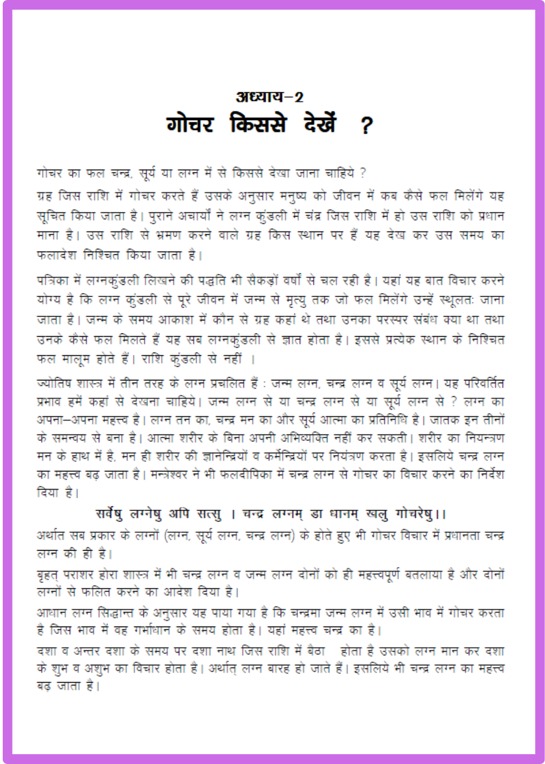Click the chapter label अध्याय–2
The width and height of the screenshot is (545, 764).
[x=269, y=97]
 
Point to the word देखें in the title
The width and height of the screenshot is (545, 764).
[x=320, y=124]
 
